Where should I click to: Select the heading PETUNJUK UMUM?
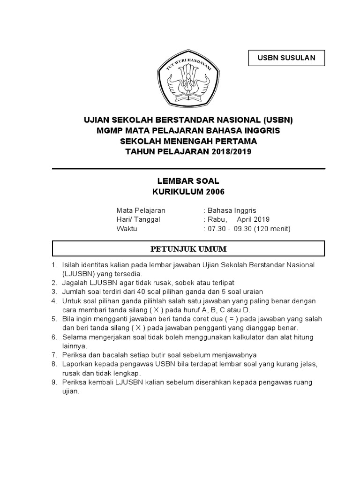tap(187, 248)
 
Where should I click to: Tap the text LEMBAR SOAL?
tap(187, 180)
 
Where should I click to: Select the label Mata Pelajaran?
tap(141, 210)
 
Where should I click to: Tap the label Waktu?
tap(126, 229)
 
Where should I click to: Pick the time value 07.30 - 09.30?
tap(230, 229)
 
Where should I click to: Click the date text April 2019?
tap(253, 219)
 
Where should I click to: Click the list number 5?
tap(54, 319)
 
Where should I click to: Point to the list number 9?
tap(54, 382)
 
